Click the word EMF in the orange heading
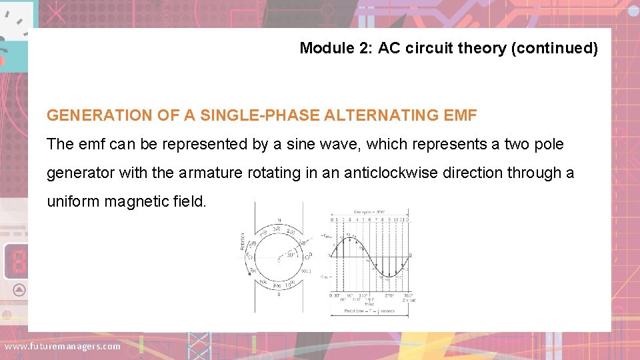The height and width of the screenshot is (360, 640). pos(460,115)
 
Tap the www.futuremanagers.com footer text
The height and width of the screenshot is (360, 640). pos(63,346)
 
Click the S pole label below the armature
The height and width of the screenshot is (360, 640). pos(279,294)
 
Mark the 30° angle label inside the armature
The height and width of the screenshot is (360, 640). pos(291,254)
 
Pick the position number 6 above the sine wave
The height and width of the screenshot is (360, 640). pos(369,218)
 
